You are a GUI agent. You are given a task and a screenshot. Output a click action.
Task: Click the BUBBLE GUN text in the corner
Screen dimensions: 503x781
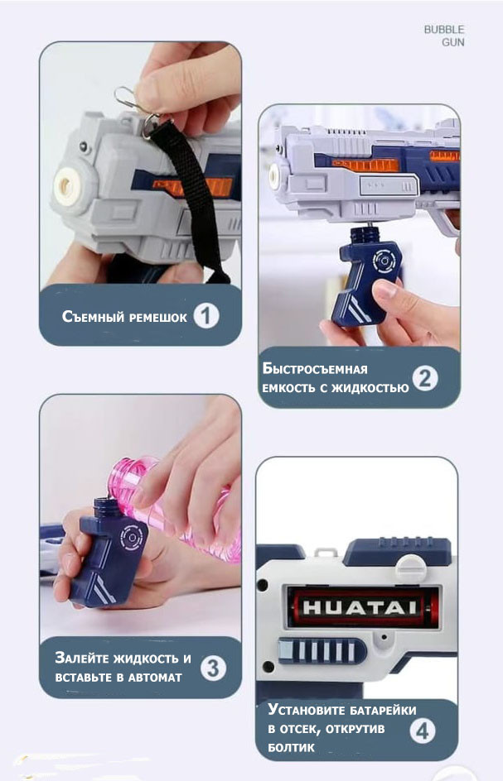[x=444, y=36]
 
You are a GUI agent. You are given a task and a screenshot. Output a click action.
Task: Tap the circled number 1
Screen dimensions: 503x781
[x=206, y=316]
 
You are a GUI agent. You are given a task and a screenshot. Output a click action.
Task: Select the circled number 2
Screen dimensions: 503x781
[x=424, y=379]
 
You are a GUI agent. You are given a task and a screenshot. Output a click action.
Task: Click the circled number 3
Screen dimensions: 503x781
[x=213, y=668]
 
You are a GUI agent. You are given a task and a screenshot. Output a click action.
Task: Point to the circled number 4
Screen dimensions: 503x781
[x=423, y=731]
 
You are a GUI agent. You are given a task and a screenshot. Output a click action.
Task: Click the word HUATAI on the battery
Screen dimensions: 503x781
[x=360, y=607]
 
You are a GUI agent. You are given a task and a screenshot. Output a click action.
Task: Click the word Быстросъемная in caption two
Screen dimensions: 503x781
[x=315, y=369]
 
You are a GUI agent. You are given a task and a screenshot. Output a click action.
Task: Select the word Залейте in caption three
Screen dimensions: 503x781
[x=82, y=658]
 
